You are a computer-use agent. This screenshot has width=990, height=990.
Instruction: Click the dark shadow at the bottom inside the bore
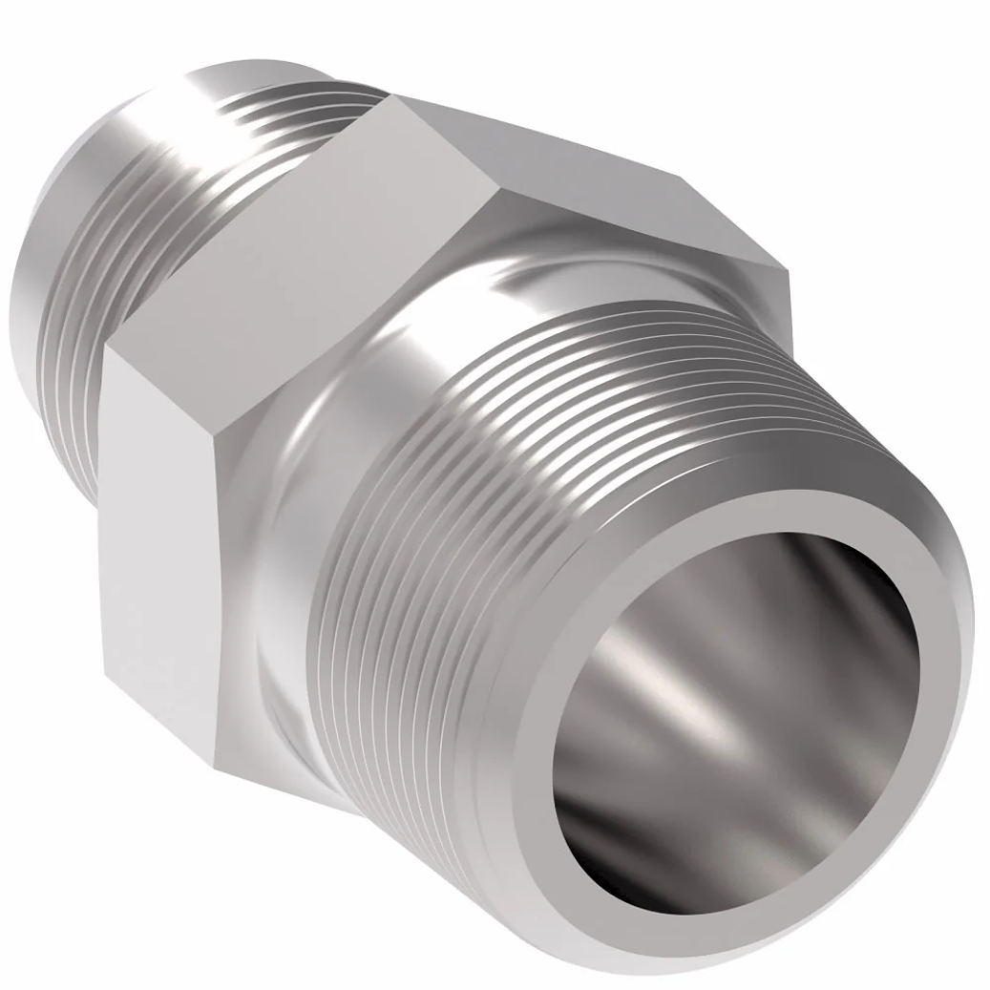pyautogui.click(x=687, y=859)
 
